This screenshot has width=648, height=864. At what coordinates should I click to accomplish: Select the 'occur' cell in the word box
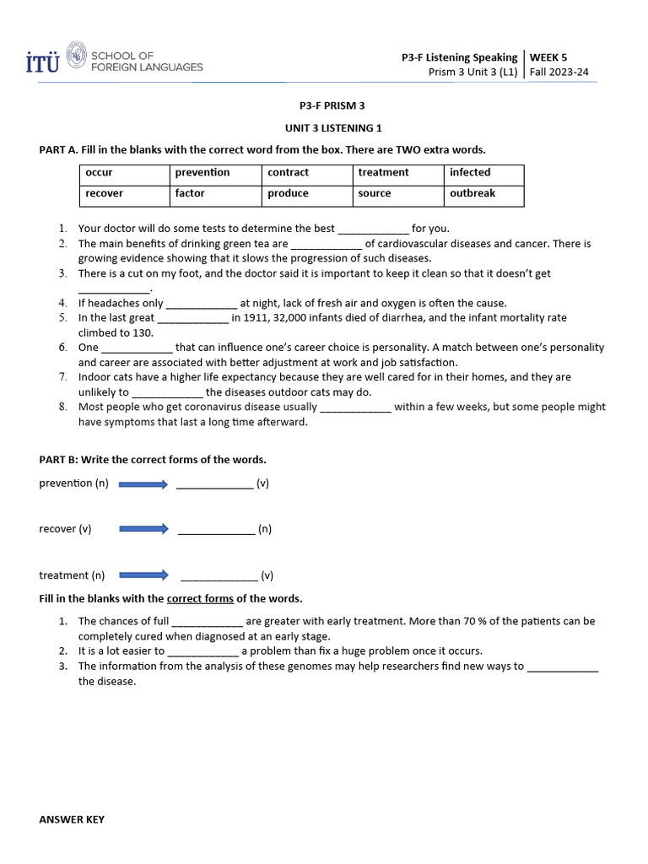pyautogui.click(x=123, y=173)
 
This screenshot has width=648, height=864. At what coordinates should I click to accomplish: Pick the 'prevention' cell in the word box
pyautogui.click(x=214, y=173)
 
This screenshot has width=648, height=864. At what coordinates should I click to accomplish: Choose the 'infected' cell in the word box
pyautogui.click(x=483, y=173)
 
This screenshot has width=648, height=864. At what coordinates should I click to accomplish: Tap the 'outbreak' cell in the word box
pyautogui.click(x=483, y=194)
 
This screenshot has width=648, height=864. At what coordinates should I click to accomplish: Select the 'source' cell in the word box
pyautogui.click(x=397, y=194)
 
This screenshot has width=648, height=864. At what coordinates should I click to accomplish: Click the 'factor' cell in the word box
pyautogui.click(x=214, y=194)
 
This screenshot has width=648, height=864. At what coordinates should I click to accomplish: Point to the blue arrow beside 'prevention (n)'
pyautogui.click(x=144, y=484)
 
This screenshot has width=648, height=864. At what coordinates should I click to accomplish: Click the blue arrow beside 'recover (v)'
pyautogui.click(x=144, y=529)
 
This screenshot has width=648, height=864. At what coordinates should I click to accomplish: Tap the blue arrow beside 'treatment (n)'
pyautogui.click(x=144, y=575)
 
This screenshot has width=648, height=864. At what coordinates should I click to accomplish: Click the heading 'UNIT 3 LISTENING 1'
pyautogui.click(x=332, y=127)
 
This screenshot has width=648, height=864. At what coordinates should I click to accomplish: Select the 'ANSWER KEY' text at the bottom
pyautogui.click(x=72, y=819)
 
